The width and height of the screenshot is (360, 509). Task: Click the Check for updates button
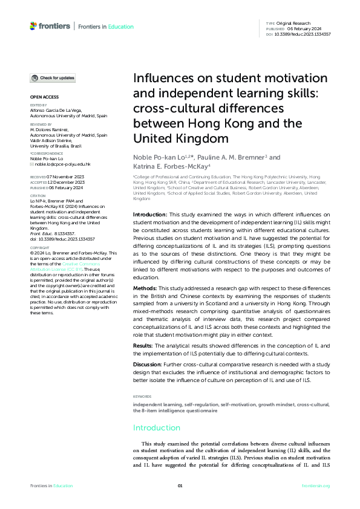point(53,78)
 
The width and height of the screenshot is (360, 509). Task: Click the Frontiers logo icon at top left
point(33,26)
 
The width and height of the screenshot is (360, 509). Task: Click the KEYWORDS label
point(143,396)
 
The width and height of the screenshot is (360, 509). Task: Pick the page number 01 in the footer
point(180,485)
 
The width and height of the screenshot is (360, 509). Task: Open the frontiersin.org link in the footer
point(316,485)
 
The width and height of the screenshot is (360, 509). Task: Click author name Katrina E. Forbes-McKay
point(171,166)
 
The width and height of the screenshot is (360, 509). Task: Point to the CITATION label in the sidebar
point(38,196)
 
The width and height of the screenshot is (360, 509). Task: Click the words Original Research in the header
point(293,22)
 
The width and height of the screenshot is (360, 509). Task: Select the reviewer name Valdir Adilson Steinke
point(53,140)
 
